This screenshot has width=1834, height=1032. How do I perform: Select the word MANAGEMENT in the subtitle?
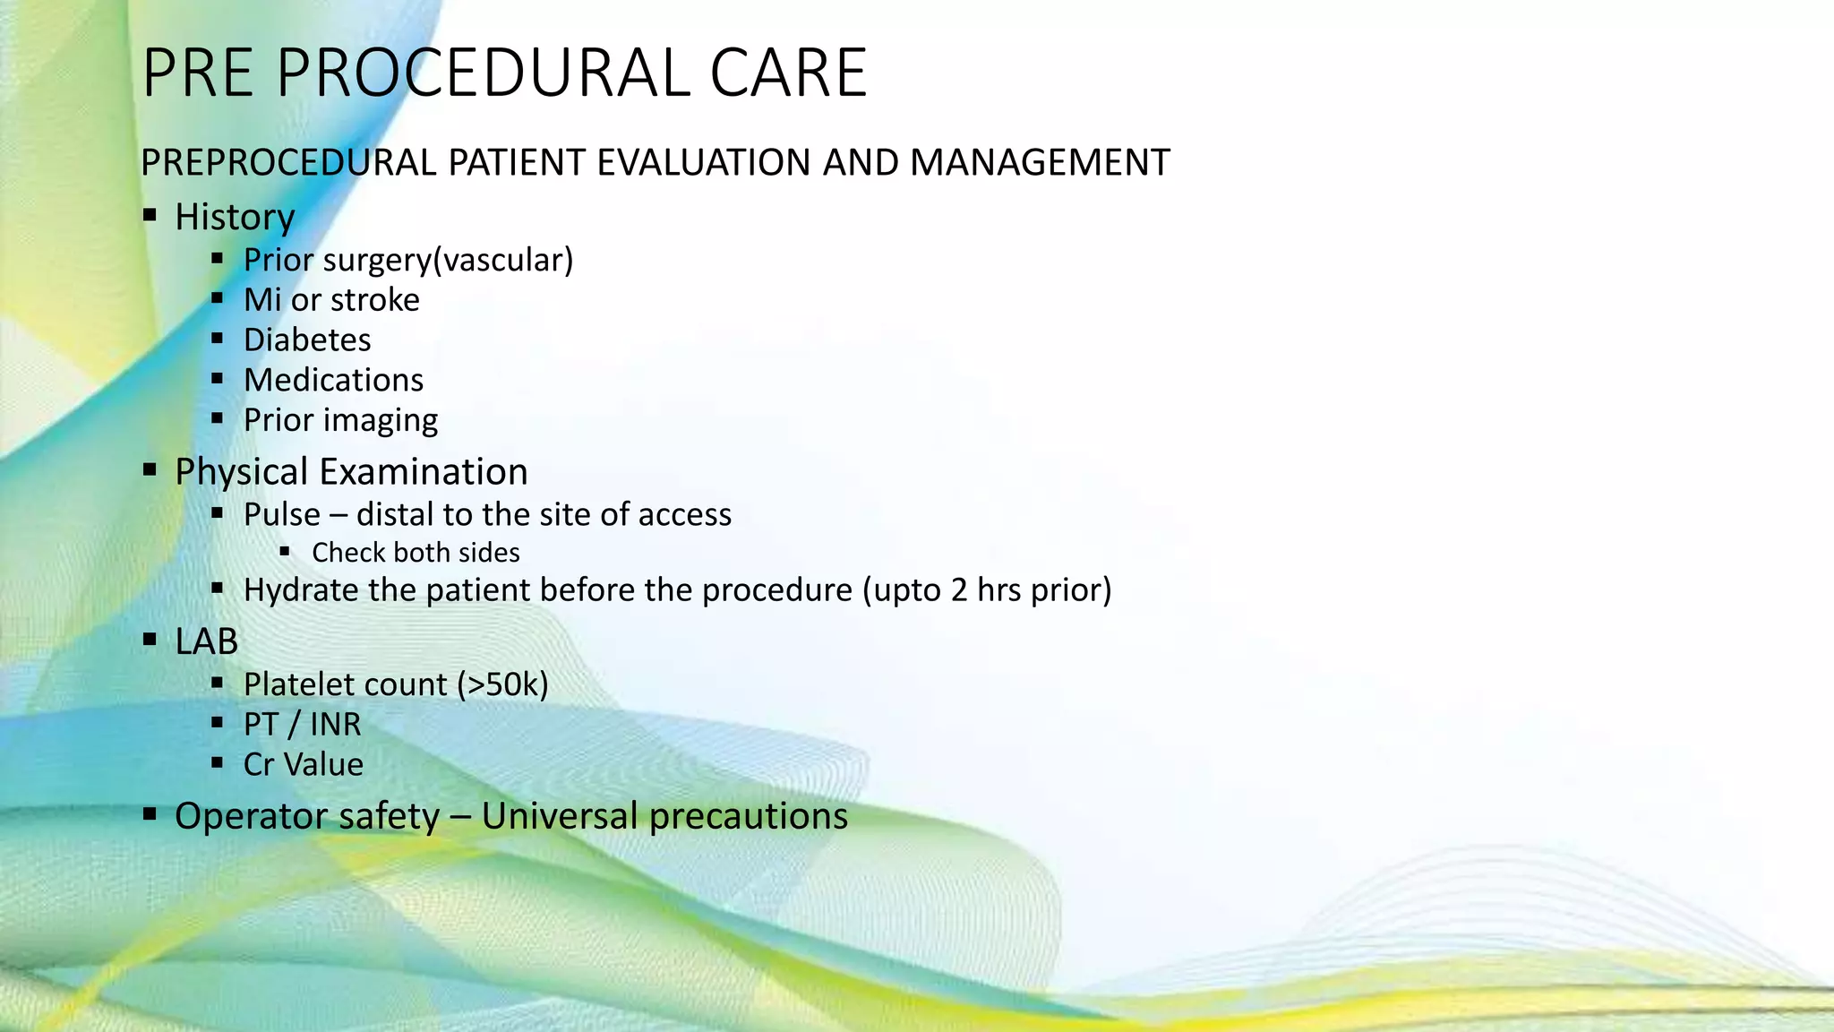coord(1040,163)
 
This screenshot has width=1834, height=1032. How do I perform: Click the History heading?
coord(235,218)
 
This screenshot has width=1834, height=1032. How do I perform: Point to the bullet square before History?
coord(150,215)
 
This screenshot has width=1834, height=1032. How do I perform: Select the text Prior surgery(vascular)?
coord(407,260)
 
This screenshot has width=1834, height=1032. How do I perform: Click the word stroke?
coord(374,300)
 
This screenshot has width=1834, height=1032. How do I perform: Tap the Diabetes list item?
coord(307,340)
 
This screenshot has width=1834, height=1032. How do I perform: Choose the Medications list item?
coord(333,381)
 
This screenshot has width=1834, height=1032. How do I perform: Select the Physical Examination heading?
coord(351,472)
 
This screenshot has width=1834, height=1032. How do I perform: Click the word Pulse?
coord(281,515)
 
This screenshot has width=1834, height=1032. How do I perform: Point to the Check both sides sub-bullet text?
coord(416,553)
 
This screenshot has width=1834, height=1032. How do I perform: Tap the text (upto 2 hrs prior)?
coord(986,590)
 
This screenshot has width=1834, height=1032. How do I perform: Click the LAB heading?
coord(207,641)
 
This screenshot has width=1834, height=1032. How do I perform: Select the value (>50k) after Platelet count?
coord(502,684)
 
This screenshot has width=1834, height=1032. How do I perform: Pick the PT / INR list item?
coord(302,725)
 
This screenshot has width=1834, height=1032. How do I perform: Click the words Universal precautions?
coord(664,816)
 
